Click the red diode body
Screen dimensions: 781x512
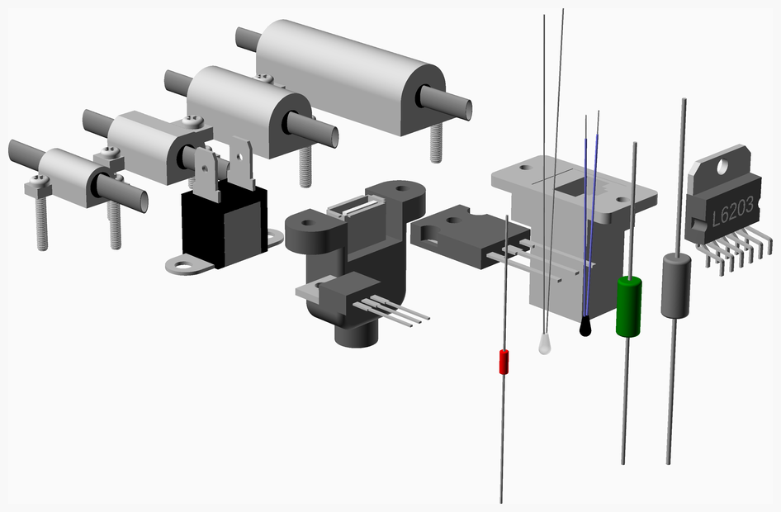[x=504, y=362]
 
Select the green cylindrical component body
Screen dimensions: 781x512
[x=628, y=307]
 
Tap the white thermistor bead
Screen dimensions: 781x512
[x=544, y=344]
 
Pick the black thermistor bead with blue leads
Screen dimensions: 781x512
[x=585, y=326]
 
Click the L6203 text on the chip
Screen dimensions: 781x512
[x=732, y=211]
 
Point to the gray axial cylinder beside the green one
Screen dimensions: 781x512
[x=676, y=286]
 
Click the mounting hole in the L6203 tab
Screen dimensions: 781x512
[x=723, y=166]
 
